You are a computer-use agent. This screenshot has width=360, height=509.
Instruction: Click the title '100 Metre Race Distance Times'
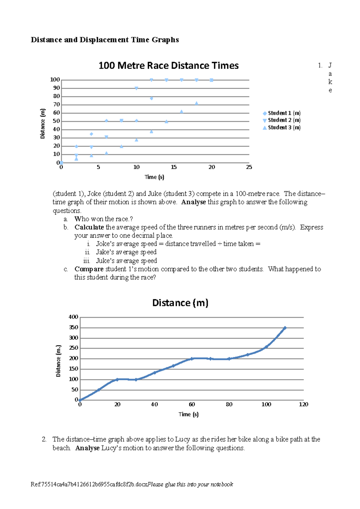(168, 66)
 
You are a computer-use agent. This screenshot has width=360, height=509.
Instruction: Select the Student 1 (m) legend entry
(281, 113)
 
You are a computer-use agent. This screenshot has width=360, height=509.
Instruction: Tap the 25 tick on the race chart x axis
(249, 167)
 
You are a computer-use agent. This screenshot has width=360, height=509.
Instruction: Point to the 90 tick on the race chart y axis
(56, 88)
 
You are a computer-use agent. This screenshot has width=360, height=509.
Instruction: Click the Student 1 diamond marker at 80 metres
(151, 98)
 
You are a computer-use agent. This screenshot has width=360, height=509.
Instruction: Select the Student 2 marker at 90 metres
(136, 88)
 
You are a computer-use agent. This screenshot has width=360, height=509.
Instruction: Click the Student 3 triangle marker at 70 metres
(196, 103)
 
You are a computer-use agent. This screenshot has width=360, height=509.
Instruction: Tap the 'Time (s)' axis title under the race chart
(154, 177)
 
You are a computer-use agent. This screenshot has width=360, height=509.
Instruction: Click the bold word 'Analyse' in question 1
(193, 202)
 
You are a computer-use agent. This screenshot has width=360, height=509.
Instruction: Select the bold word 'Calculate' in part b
(89, 227)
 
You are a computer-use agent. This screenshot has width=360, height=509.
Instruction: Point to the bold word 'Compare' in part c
(89, 269)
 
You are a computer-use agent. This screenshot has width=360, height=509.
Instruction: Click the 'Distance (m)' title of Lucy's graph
(180, 303)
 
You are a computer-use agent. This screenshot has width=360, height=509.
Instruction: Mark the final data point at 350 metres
(285, 328)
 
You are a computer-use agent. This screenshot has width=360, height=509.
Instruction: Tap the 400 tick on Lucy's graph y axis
(73, 317)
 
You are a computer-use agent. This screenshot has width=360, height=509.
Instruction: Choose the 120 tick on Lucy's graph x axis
(304, 404)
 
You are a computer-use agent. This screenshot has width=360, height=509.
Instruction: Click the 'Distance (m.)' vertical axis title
(58, 361)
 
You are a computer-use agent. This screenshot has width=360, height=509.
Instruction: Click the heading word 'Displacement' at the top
(104, 40)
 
